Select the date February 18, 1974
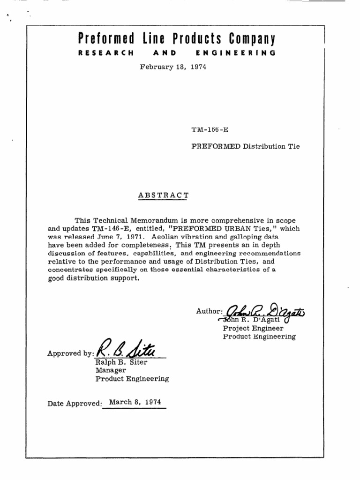[173, 67]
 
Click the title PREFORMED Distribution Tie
[246, 146]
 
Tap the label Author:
[209, 311]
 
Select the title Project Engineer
[253, 329]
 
